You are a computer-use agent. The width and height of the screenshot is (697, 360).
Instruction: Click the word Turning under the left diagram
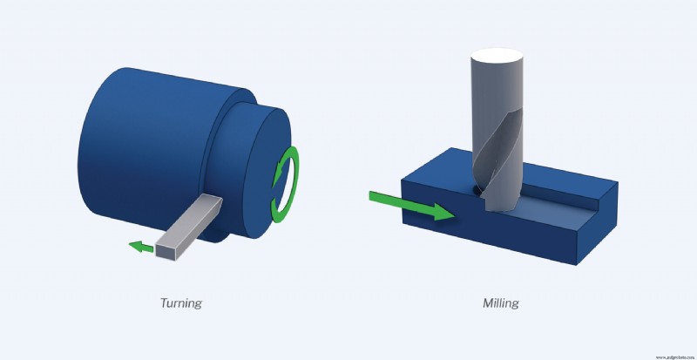[181, 303]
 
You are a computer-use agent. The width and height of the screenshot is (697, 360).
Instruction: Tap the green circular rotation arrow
[285, 185]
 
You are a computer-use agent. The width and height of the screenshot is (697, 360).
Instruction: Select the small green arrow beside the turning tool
[138, 247]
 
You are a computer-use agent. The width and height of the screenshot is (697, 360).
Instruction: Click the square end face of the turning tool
[167, 248]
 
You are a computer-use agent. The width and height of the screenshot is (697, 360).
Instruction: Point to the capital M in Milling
[488, 303]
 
